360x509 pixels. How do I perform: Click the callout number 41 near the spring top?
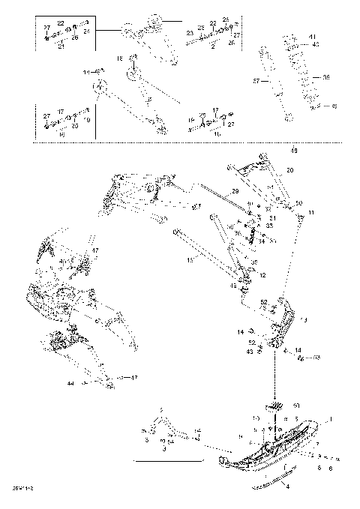click(313, 37)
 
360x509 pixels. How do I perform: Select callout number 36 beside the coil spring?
click(326, 77)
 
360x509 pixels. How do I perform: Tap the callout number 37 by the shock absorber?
click(254, 81)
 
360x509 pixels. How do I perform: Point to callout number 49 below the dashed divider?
click(293, 151)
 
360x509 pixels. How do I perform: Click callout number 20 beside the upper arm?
click(290, 170)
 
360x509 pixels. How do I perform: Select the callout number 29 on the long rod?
click(235, 193)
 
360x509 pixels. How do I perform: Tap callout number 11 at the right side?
click(311, 214)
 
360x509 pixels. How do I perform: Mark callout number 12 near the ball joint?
click(262, 276)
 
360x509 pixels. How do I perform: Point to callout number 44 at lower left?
click(70, 383)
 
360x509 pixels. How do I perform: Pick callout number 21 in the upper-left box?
click(61, 46)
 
